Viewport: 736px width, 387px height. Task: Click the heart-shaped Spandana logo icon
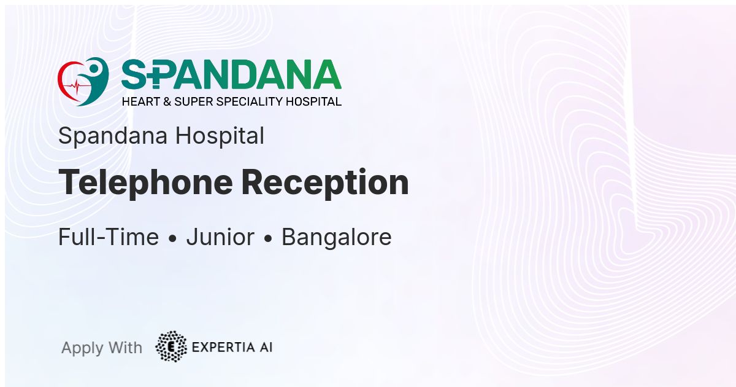tap(83, 82)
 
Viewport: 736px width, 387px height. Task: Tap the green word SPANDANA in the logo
tap(231, 74)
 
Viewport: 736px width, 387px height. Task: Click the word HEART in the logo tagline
tap(140, 102)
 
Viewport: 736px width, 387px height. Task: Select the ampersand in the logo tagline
tap(167, 102)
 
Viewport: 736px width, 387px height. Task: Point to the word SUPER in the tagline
tap(194, 102)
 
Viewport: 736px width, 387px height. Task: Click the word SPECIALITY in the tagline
tap(250, 102)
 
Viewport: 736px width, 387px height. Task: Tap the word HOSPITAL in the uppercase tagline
tap(313, 102)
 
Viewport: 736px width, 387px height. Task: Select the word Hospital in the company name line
tap(220, 136)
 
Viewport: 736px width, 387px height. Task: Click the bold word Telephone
tap(145, 183)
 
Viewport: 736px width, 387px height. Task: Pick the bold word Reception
tap(325, 183)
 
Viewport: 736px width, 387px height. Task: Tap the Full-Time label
tap(109, 237)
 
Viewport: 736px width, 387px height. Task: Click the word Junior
tap(220, 238)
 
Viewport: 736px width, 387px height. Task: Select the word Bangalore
tap(337, 238)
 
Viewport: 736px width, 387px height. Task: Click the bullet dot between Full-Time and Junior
tap(172, 239)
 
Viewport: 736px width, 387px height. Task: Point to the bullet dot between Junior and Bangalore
tap(268, 239)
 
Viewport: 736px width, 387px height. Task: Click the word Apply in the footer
tap(83, 348)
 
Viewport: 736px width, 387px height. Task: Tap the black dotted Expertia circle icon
tap(171, 346)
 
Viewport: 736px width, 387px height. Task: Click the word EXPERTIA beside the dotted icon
tap(223, 347)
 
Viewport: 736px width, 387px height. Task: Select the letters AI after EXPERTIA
tap(266, 347)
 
